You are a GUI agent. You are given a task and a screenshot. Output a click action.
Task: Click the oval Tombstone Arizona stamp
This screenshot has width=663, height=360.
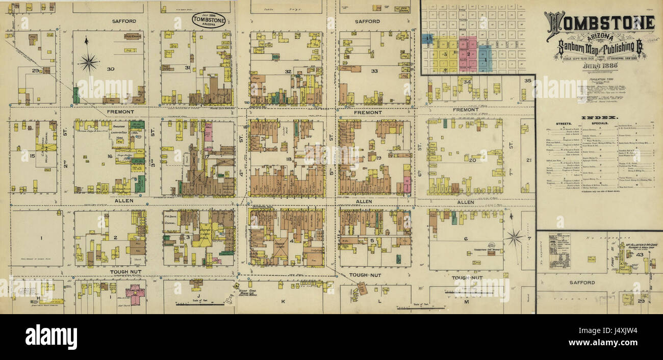click(208, 20)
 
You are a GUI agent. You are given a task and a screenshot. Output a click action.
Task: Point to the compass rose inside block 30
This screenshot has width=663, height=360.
click(88, 62)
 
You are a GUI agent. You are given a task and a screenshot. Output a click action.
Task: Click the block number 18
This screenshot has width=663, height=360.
click(289, 160)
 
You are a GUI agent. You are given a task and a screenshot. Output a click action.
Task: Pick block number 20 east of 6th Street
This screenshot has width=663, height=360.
click(472, 160)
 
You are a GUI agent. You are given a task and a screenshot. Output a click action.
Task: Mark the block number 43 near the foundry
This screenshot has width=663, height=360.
click(640, 254)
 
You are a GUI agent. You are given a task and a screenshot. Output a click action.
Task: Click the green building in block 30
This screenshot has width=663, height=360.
click(76, 95)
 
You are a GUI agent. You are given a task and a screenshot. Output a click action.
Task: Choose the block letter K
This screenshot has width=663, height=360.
click(282, 301)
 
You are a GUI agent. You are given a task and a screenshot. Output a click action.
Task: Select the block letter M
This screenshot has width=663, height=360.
click(466, 302)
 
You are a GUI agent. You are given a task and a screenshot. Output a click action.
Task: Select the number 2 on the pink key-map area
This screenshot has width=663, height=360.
click(467, 54)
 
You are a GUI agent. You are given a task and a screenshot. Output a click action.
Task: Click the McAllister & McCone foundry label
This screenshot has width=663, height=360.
click(641, 245)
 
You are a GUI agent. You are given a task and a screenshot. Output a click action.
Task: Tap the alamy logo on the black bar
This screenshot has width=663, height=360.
click(51, 337)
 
